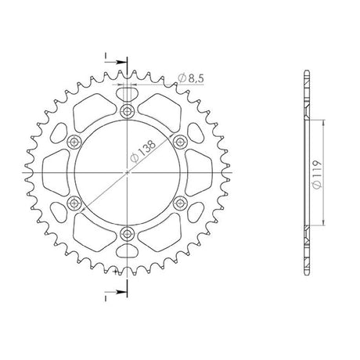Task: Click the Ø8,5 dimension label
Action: (191, 78)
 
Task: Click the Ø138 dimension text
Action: (143, 151)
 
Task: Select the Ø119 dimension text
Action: (317, 174)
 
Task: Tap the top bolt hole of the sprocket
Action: (127, 111)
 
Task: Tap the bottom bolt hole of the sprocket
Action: (127, 233)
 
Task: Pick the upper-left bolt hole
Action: (74, 142)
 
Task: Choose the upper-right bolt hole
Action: (180, 142)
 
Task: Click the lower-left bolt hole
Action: (74, 203)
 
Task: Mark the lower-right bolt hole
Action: (180, 203)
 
